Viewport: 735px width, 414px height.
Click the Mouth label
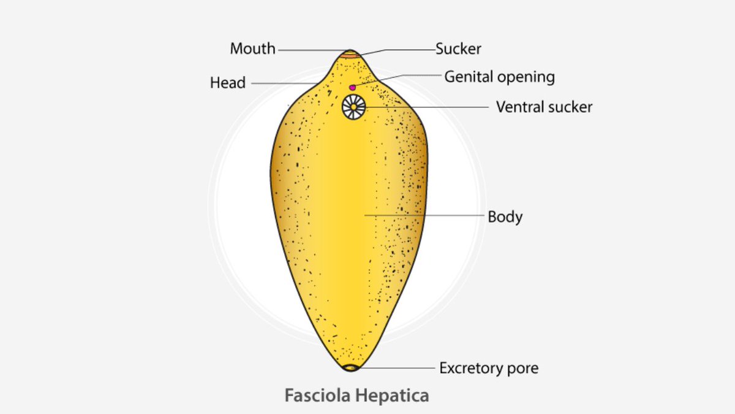[x=252, y=49]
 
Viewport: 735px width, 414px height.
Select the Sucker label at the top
[x=458, y=48]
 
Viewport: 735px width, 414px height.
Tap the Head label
[x=228, y=83]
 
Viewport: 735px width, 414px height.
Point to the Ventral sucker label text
[x=544, y=107]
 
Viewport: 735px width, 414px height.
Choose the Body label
[x=505, y=217]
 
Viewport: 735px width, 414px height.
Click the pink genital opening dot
[x=353, y=88]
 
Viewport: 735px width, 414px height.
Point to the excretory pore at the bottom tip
[x=350, y=367]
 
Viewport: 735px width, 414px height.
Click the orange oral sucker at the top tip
[x=350, y=55]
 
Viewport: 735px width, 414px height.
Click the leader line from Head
[x=285, y=83]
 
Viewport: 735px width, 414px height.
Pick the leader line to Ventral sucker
[x=429, y=107]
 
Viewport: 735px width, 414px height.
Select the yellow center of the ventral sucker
[x=354, y=107]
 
